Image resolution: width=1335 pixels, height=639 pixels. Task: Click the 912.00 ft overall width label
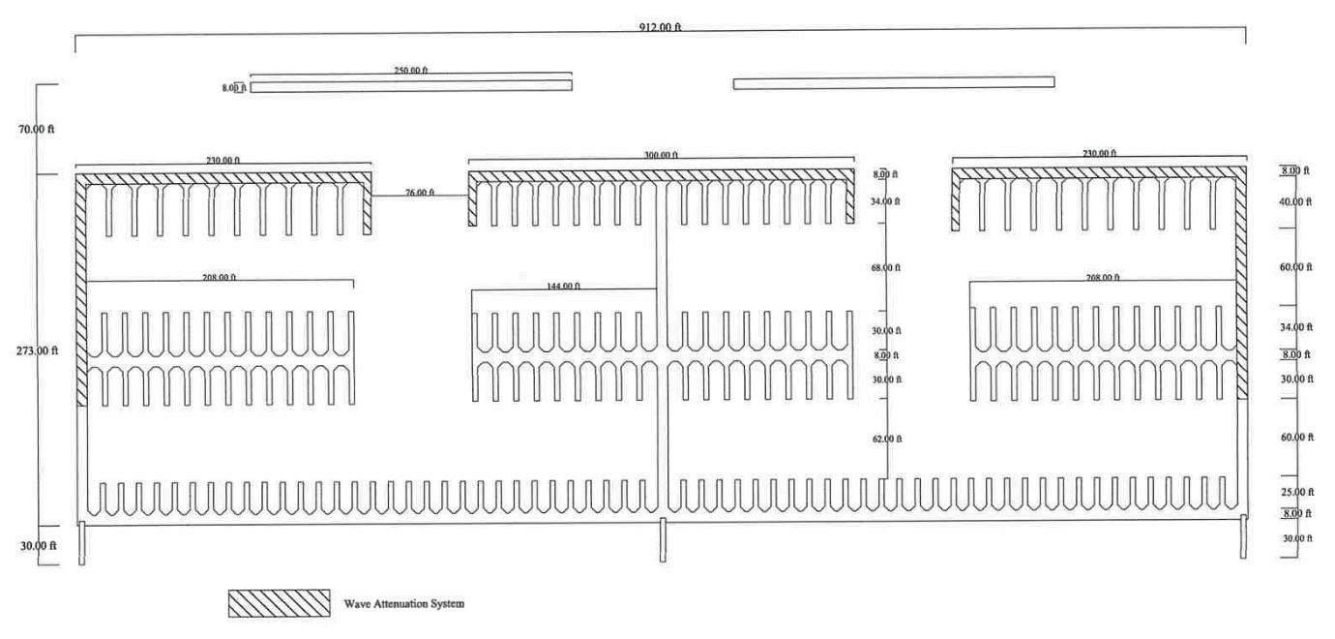point(661,26)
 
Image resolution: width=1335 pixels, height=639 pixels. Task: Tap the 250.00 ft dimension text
point(410,70)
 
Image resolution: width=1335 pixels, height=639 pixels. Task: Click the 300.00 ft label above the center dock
point(661,154)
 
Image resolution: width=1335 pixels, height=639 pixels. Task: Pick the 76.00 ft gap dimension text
point(419,193)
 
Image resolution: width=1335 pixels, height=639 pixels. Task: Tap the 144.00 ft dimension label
point(564,286)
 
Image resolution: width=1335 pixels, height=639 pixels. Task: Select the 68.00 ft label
point(886,267)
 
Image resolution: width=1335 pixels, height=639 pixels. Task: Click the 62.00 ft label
point(886,439)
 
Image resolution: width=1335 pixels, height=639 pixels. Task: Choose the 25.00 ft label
point(1296,492)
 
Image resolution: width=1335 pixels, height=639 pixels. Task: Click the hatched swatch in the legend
point(279,603)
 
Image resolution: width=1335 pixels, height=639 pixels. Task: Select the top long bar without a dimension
point(893,83)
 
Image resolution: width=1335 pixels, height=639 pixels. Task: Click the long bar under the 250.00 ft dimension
point(410,85)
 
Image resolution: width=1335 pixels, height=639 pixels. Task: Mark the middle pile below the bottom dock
point(663,539)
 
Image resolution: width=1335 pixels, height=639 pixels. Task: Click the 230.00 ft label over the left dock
point(222,160)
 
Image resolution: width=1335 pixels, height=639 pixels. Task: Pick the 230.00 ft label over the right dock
point(1098,154)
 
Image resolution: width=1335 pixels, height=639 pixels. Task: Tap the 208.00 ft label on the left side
point(220,277)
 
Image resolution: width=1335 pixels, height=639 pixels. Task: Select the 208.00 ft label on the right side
point(1102,277)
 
